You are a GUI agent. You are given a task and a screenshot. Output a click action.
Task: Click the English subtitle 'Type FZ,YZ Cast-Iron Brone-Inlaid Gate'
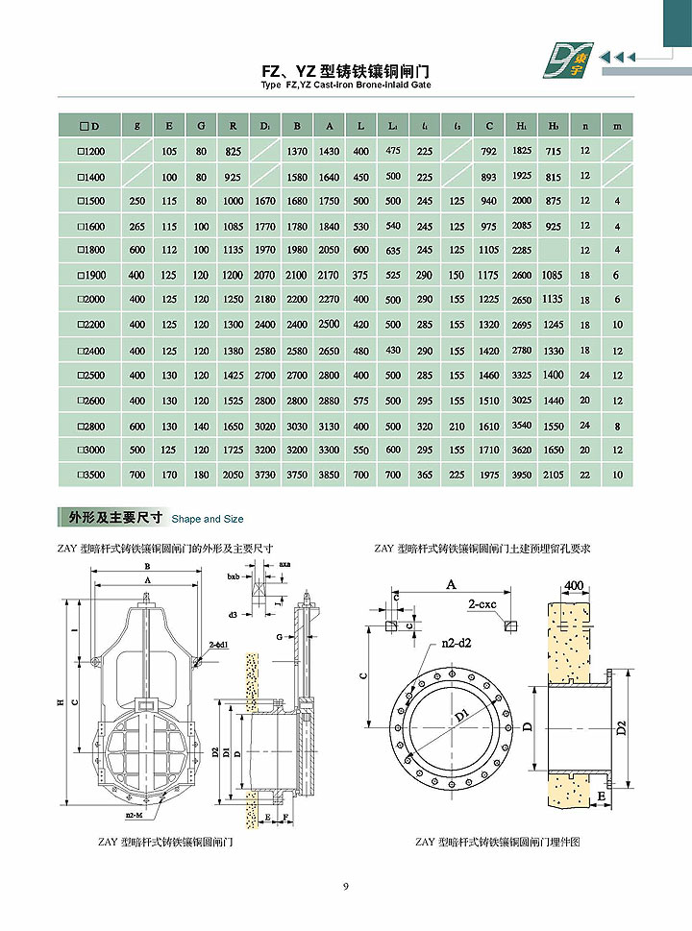pyautogui.click(x=346, y=86)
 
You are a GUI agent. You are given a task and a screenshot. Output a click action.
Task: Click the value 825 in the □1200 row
pyautogui.click(x=233, y=151)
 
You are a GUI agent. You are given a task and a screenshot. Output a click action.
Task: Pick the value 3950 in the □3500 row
pyautogui.click(x=521, y=475)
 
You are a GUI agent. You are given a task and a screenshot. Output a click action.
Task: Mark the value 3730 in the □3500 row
pyautogui.click(x=265, y=475)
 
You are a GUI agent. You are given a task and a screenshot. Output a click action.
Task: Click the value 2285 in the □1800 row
pyautogui.click(x=521, y=251)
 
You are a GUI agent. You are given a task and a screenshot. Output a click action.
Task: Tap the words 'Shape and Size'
pyautogui.click(x=208, y=519)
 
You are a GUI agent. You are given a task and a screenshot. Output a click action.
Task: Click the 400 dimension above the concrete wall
pyautogui.click(x=574, y=585)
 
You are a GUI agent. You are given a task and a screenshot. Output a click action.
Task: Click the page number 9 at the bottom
pyautogui.click(x=346, y=886)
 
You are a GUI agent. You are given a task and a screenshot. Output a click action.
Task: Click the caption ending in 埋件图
pyautogui.click(x=499, y=842)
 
